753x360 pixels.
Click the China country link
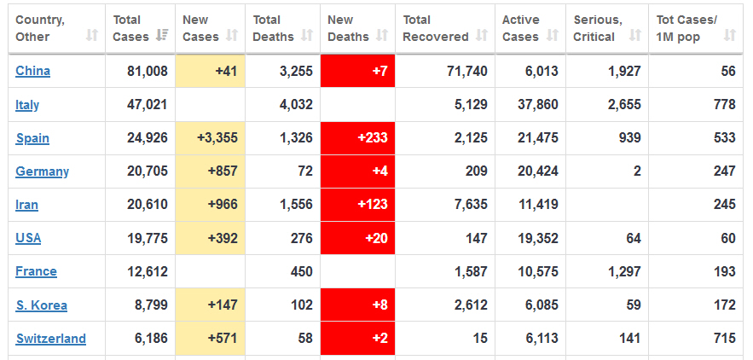pyautogui.click(x=32, y=72)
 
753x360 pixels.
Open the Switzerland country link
pyautogui.click(x=50, y=339)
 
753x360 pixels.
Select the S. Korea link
pyautogui.click(x=41, y=305)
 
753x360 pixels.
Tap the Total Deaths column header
pyautogui.click(x=273, y=28)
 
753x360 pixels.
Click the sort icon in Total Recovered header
pyautogui.click(x=482, y=37)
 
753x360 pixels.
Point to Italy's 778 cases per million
pyautogui.click(x=725, y=105)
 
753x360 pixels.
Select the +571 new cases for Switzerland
pyautogui.click(x=222, y=339)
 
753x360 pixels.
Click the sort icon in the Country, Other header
pyautogui.click(x=91, y=36)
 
